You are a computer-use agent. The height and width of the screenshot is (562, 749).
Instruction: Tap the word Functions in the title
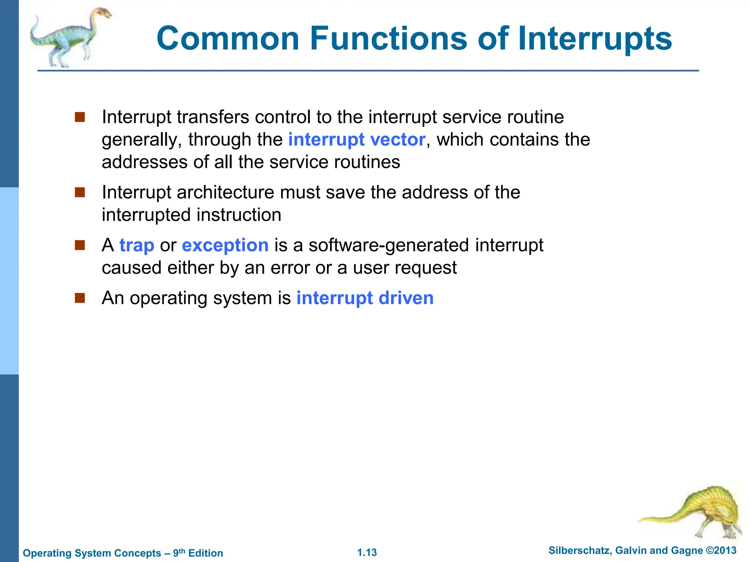coord(388,38)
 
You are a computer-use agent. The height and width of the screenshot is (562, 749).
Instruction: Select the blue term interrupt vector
coord(357,140)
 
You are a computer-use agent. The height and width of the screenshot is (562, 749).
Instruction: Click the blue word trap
coord(137,245)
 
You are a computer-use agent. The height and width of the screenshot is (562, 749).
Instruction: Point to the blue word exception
coord(225,245)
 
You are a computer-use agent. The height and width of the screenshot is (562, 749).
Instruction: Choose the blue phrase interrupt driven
coord(365,298)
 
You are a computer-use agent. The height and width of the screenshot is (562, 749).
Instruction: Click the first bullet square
coord(80,117)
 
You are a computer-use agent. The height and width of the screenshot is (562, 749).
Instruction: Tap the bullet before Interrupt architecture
coord(80,192)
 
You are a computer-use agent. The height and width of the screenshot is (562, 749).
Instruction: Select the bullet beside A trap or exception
coord(80,245)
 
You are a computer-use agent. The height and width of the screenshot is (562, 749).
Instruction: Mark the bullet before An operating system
coord(80,298)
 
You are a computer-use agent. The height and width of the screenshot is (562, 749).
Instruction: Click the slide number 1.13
coord(367,552)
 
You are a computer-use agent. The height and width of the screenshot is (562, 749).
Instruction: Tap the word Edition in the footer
coord(206,553)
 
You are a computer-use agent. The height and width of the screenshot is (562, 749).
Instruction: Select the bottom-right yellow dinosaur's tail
coord(658,518)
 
